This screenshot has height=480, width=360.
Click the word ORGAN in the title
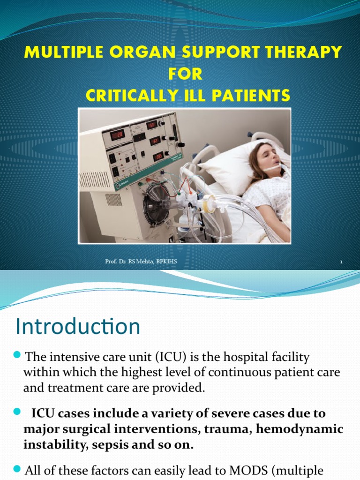128,52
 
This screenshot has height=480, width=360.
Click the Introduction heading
78,326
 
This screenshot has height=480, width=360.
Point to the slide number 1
341,262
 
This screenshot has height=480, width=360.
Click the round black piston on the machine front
157,205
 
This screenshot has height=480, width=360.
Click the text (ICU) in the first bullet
172,358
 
